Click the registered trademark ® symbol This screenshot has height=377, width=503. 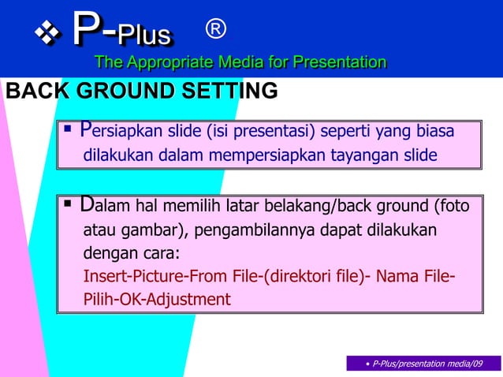click(x=215, y=30)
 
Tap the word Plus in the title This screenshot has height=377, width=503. click(x=144, y=35)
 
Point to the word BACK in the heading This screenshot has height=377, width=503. click(x=35, y=91)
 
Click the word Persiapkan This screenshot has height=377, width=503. click(x=119, y=131)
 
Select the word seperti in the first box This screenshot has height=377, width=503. click(x=346, y=131)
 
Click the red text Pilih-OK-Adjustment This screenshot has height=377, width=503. click(x=157, y=300)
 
